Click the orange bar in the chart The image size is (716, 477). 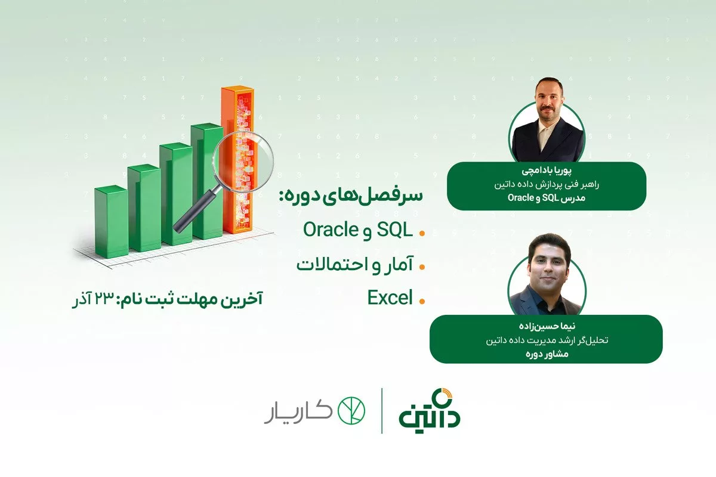(x=238, y=160)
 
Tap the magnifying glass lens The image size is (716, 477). (x=243, y=162)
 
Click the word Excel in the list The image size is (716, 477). (x=390, y=298)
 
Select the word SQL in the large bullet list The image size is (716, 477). (x=395, y=230)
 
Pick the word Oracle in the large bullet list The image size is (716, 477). (x=331, y=230)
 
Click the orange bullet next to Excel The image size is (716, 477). (x=422, y=301)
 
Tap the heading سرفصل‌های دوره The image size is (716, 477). (x=351, y=195)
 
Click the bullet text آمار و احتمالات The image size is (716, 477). (x=355, y=265)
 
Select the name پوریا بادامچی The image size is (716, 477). (x=547, y=171)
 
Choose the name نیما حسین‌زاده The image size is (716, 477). (x=547, y=326)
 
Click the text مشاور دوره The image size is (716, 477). (x=547, y=354)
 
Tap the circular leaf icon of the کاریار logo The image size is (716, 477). (x=351, y=411)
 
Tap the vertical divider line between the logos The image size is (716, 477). (x=382, y=411)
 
